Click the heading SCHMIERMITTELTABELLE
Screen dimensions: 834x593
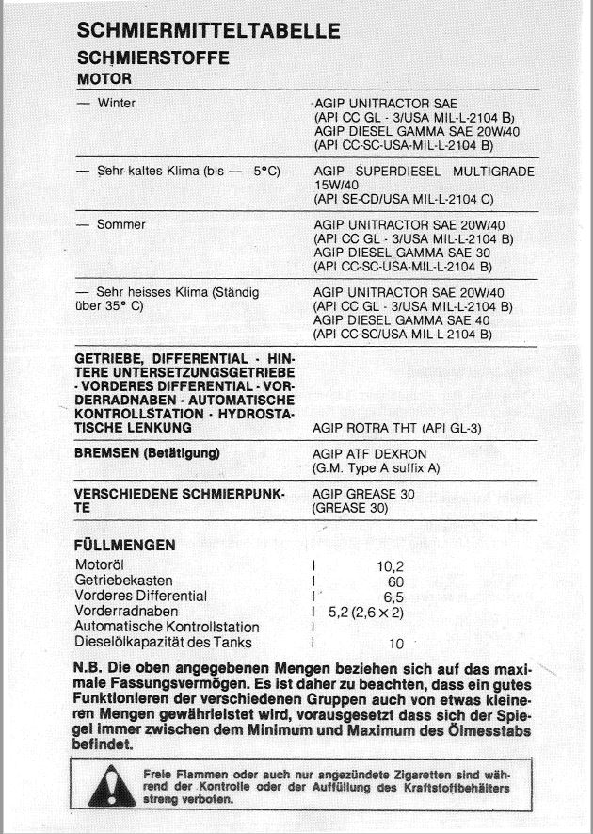pyautogui.click(x=208, y=31)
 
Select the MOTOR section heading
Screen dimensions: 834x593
pyautogui.click(x=104, y=78)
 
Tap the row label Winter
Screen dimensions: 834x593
pyautogui.click(x=116, y=103)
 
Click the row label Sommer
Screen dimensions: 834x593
pyautogui.click(x=121, y=224)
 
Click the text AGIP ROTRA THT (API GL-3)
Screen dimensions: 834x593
pyautogui.click(x=396, y=428)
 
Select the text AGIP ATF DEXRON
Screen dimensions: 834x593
pyautogui.click(x=371, y=452)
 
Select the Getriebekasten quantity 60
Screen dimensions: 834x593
pyautogui.click(x=394, y=581)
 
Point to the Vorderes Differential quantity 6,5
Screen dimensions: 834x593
pyautogui.click(x=393, y=597)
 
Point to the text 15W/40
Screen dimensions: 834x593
pyautogui.click(x=334, y=186)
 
